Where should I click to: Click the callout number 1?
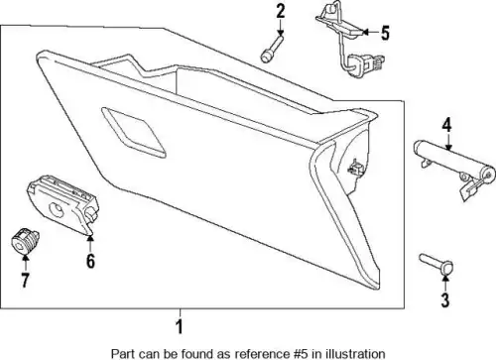click(180, 326)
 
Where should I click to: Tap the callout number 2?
click(280, 11)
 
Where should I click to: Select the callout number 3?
click(445, 300)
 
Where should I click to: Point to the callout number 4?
click(446, 125)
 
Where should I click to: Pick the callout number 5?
click(385, 33)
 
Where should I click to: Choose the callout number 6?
click(90, 261)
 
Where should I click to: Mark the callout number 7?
click(25, 280)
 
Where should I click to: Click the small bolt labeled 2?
click(272, 50)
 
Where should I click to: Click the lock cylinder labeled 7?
click(25, 242)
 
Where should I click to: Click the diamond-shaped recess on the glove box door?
click(133, 132)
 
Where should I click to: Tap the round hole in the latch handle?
click(58, 209)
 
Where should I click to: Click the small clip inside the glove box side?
click(355, 168)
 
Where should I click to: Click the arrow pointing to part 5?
click(371, 32)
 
